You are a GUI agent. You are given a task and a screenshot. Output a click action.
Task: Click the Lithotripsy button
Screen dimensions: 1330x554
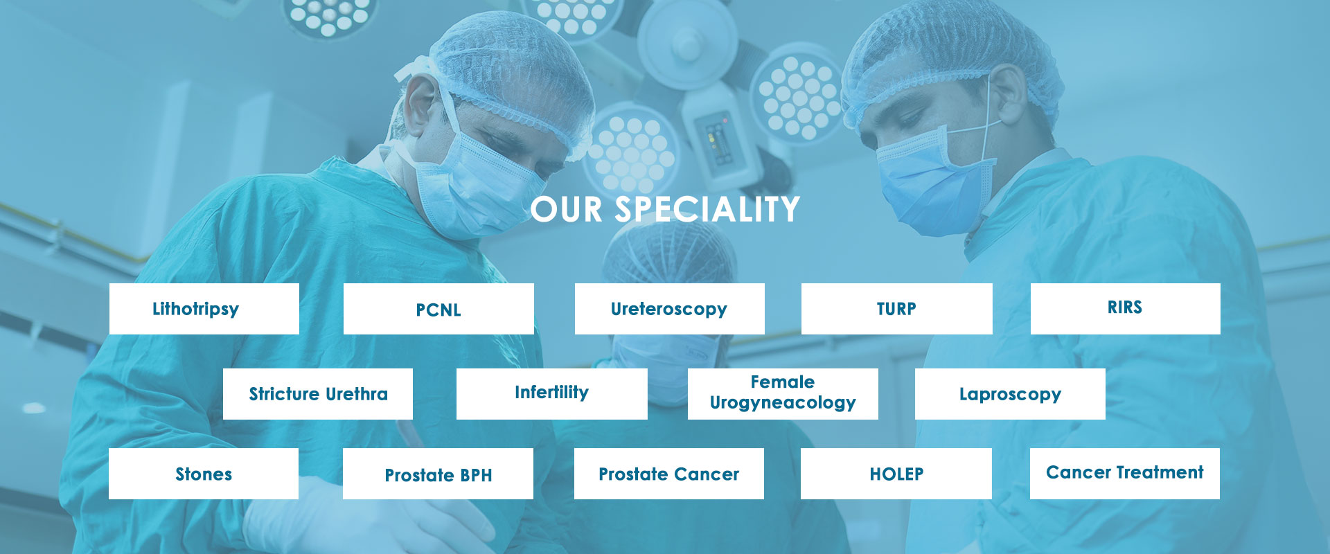click(x=204, y=309)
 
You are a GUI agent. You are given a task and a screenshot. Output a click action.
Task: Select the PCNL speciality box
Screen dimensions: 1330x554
click(x=438, y=309)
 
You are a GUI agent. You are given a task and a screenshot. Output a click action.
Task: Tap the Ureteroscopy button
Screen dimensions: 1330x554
click(x=670, y=309)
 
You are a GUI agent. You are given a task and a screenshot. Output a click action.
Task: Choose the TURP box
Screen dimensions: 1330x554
click(x=897, y=309)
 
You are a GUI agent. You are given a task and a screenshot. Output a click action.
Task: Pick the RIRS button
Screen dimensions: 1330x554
click(x=1126, y=309)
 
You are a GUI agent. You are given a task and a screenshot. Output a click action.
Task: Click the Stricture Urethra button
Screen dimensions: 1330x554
click(x=318, y=394)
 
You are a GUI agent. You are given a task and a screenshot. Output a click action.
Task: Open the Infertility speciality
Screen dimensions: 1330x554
click(x=552, y=394)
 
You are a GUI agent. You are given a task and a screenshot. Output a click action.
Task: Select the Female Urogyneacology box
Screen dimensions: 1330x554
click(x=783, y=394)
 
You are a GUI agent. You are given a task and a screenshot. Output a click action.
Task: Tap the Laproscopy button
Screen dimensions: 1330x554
click(x=1010, y=394)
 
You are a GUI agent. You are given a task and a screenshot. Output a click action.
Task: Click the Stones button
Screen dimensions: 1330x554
click(x=204, y=474)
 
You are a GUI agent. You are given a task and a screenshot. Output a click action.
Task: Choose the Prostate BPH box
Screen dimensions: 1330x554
click(x=438, y=474)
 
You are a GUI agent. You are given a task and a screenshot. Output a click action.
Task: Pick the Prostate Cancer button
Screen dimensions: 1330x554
click(x=669, y=474)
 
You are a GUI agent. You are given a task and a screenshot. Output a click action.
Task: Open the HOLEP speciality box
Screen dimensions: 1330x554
click(x=896, y=474)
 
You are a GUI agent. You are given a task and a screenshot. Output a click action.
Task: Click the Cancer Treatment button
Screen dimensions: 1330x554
click(x=1125, y=474)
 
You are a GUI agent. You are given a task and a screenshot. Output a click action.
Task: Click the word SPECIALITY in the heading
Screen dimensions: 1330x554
click(x=707, y=209)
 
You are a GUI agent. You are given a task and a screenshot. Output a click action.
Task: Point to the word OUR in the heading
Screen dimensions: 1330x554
click(x=567, y=209)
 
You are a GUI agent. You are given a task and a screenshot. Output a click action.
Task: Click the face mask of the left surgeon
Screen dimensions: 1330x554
click(x=478, y=187)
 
